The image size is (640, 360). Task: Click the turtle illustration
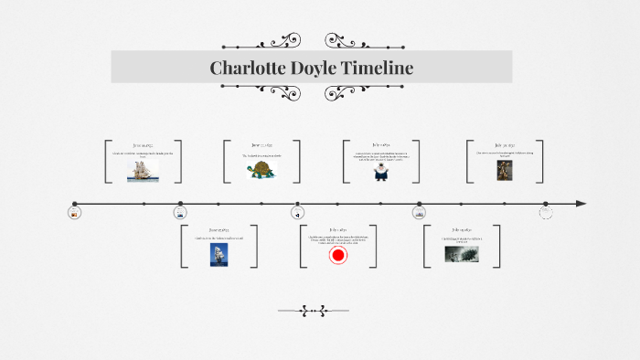(262, 169)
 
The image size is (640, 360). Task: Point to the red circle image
(338, 256)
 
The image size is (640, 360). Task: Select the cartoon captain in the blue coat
(381, 172)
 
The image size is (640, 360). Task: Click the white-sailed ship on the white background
(143, 170)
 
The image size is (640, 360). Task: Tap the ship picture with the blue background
(219, 254)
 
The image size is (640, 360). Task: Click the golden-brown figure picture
(504, 170)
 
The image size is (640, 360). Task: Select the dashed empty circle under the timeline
(546, 213)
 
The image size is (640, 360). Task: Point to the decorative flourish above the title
(273, 40)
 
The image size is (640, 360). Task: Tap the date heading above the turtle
(262, 144)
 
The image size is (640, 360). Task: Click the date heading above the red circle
(338, 229)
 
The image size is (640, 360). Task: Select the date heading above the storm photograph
(461, 229)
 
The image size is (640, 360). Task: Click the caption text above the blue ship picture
(219, 238)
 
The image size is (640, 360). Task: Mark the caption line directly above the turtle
(262, 155)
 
